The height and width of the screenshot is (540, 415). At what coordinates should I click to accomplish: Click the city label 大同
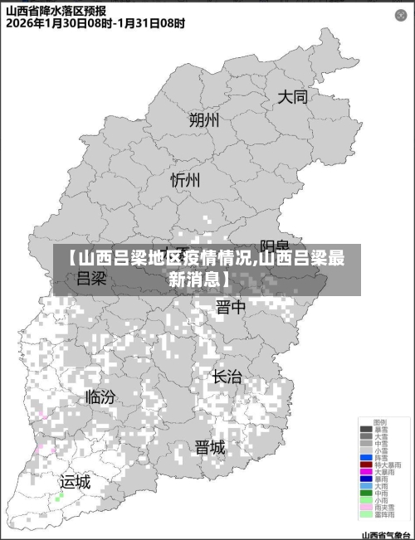tap(292, 97)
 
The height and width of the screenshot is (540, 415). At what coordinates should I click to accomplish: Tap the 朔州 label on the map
tap(204, 120)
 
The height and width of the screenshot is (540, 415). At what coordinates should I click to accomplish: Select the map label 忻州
tap(185, 180)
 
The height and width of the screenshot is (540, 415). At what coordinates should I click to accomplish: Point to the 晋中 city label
tap(231, 309)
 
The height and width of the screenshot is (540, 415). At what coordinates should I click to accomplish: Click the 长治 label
tap(227, 377)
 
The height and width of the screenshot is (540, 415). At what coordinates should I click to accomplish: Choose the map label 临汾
tap(100, 396)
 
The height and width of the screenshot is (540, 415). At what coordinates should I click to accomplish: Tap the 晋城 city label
tap(209, 448)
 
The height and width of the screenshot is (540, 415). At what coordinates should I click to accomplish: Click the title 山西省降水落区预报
tap(56, 11)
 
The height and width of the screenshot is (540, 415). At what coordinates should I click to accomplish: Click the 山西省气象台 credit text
tap(386, 535)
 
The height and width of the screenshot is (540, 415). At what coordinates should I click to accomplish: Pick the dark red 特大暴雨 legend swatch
tap(366, 465)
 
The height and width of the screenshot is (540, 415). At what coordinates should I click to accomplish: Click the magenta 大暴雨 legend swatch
tap(366, 472)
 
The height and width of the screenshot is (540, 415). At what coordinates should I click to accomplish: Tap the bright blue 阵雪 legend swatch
tap(366, 457)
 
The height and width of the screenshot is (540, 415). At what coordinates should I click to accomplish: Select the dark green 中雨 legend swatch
tap(366, 494)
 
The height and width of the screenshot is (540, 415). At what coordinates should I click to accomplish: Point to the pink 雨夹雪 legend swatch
tap(366, 508)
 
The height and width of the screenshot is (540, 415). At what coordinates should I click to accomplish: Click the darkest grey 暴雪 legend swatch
tap(366, 429)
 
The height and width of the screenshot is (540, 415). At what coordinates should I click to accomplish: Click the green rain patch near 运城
tap(59, 498)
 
